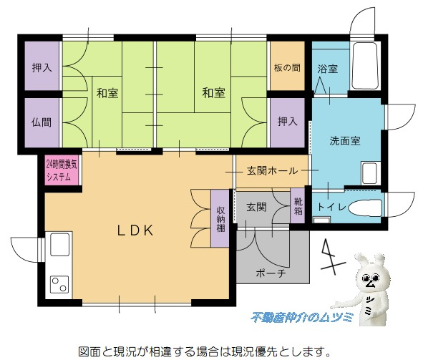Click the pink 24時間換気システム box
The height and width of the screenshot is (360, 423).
(x=62, y=170)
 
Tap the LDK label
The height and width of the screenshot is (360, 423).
(x=135, y=230)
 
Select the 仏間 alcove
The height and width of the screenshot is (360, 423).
(x=42, y=122)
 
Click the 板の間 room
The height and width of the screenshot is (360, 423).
(x=288, y=66)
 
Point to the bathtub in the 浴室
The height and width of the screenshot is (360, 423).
(x=365, y=65)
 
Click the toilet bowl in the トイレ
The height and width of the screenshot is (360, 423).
(x=365, y=208)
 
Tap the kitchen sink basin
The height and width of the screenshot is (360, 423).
(x=59, y=244)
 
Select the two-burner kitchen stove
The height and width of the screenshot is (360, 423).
(x=59, y=284)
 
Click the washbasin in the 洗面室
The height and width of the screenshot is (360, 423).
(x=369, y=173)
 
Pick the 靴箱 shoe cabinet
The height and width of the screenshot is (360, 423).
(x=298, y=205)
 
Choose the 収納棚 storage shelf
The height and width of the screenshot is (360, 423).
(x=220, y=219)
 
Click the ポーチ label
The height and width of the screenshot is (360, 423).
(x=271, y=273)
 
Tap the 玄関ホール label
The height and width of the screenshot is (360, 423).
(x=273, y=171)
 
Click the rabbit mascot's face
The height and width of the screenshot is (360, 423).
(x=370, y=279)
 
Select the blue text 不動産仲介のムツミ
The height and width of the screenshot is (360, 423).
(x=302, y=317)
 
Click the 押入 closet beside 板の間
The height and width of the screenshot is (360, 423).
(x=288, y=122)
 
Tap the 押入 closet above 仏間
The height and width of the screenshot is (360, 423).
(x=42, y=66)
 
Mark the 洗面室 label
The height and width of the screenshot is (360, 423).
(x=345, y=141)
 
